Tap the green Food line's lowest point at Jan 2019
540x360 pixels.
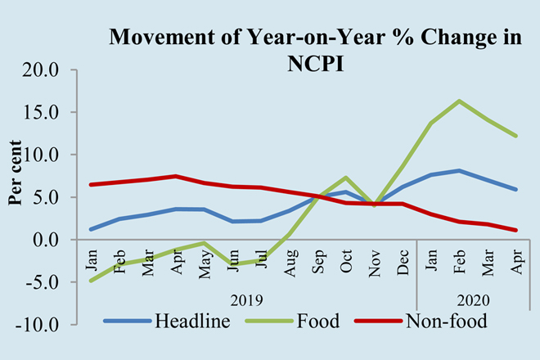(91, 281)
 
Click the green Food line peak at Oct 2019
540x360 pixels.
(347, 178)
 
